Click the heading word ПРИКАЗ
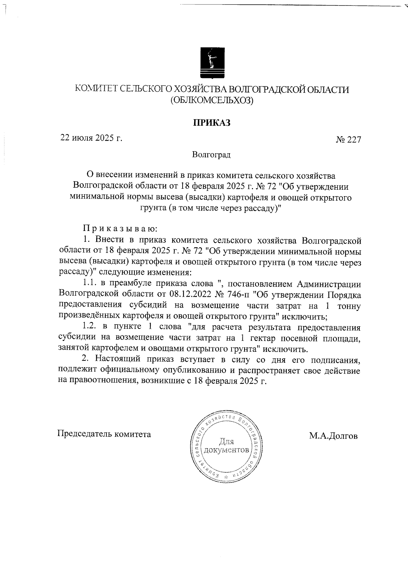coord(212,123)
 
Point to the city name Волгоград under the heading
coord(211,155)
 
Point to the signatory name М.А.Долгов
coord(333,436)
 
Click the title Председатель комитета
coord(104,434)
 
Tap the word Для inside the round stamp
coord(226,442)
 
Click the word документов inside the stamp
coord(226,450)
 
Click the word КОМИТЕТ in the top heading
coord(96,89)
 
